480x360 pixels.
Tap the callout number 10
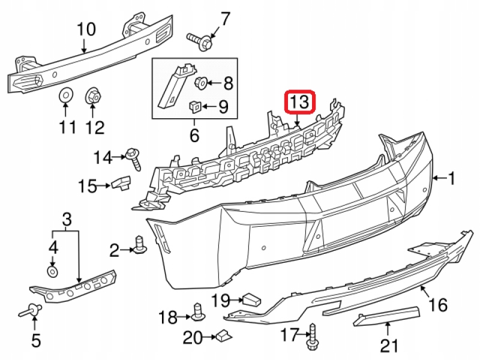[x=86, y=28]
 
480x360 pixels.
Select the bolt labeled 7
[x=200, y=40]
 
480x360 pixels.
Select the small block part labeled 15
[x=122, y=181]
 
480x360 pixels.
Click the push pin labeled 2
[x=142, y=245]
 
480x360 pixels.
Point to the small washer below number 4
[x=53, y=272]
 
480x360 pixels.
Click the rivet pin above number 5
[x=32, y=311]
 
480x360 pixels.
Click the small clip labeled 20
[x=224, y=336]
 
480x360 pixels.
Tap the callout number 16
[x=439, y=305]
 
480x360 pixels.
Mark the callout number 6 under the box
[x=194, y=136]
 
